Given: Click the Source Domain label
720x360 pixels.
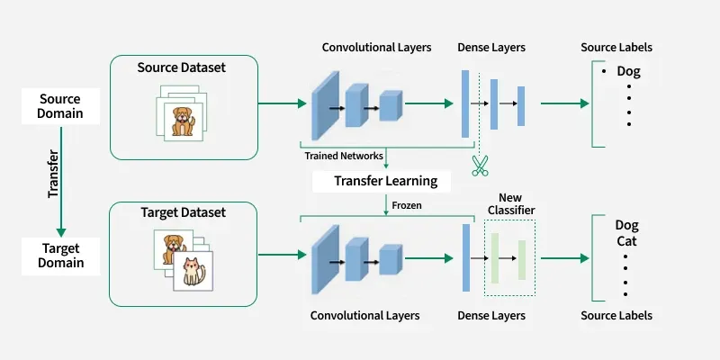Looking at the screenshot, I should pyautogui.click(x=61, y=106).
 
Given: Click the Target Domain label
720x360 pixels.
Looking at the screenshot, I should pyautogui.click(x=61, y=255).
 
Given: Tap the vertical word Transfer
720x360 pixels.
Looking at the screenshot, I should pyautogui.click(x=53, y=174).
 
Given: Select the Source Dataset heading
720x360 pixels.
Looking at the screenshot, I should pyautogui.click(x=183, y=68).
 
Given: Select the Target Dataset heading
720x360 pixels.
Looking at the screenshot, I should pyautogui.click(x=183, y=213).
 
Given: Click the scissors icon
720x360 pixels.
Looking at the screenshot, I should pyautogui.click(x=479, y=166).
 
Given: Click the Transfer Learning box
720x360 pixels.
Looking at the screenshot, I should pyautogui.click(x=385, y=181).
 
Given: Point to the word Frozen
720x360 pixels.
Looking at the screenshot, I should pyautogui.click(x=405, y=205).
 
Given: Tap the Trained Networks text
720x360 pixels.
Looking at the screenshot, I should pyautogui.click(x=343, y=156).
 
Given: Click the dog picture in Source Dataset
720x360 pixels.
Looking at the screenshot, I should pyautogui.click(x=183, y=120).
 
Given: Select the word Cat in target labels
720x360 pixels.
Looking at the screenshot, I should pyautogui.click(x=626, y=242).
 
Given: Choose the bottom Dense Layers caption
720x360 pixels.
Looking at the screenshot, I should pyautogui.click(x=491, y=316).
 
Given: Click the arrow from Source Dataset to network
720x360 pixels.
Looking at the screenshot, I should pyautogui.click(x=282, y=103).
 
